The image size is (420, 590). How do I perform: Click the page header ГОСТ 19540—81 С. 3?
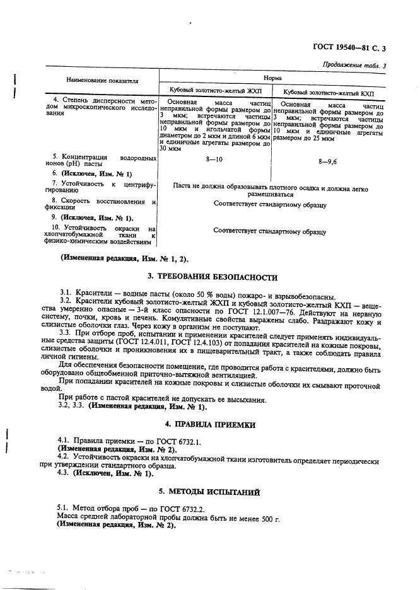click(x=359, y=48)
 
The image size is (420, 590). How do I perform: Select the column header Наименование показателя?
click(x=102, y=81)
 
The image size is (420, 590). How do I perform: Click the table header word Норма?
click(x=273, y=78)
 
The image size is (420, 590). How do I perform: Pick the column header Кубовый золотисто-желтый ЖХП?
click(x=216, y=90)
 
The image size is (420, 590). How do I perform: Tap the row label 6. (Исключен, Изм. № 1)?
click(x=92, y=173)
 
